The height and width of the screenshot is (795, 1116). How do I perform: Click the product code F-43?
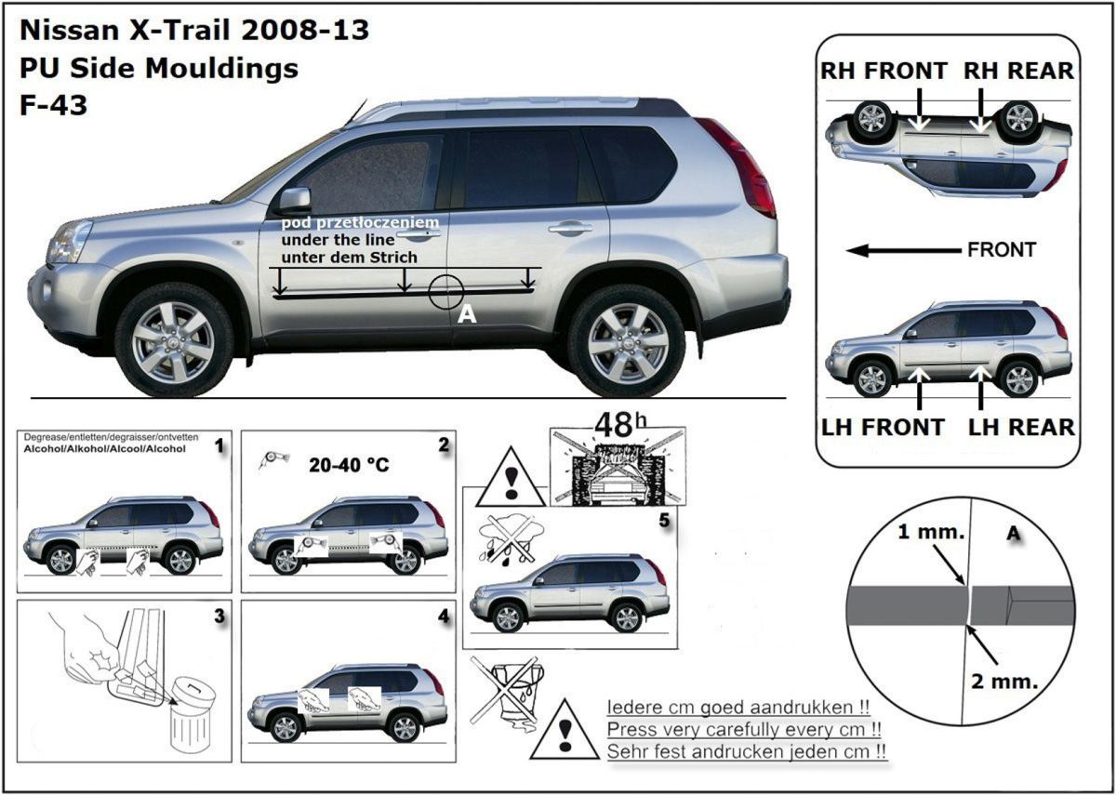point(53,105)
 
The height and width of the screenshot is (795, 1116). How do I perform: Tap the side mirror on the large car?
point(294,199)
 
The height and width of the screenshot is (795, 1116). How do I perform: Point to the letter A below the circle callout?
point(467,316)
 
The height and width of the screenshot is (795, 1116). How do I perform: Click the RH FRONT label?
point(883,71)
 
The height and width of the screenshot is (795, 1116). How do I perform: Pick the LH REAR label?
point(1021,427)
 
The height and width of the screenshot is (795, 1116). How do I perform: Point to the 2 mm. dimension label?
point(1005,681)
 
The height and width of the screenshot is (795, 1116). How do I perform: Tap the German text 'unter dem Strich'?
point(349,257)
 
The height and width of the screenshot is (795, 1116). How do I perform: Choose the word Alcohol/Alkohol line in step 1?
point(104,449)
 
